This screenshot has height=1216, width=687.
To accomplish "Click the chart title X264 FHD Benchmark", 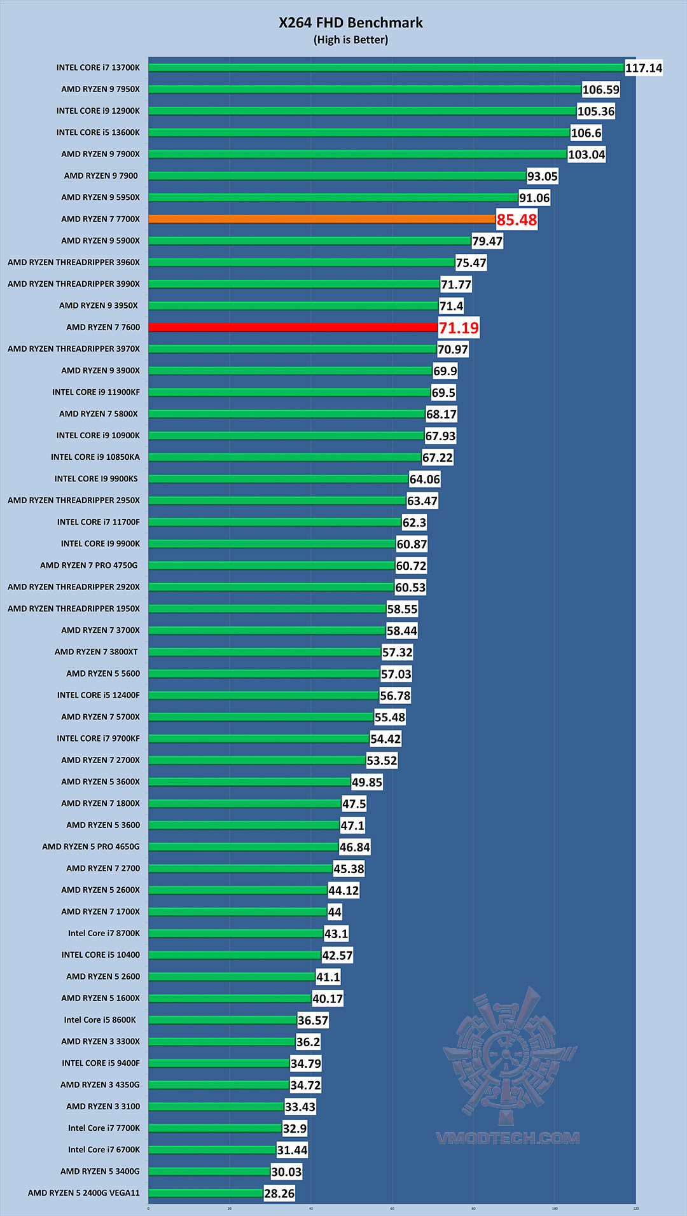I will coord(350,23).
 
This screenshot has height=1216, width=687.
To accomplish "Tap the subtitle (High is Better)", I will coord(350,40).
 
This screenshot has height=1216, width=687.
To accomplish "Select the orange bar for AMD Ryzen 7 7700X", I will coord(321,219).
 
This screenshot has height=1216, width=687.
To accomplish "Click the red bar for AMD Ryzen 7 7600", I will coord(293,327).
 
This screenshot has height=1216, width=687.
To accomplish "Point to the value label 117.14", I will coord(644,68).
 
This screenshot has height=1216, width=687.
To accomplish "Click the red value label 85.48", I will coord(517,220).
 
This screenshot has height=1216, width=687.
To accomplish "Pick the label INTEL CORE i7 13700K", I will coord(98,67).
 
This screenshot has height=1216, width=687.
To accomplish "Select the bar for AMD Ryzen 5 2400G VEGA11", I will coord(205,1193).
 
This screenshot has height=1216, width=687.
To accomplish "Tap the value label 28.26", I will coord(279,1194).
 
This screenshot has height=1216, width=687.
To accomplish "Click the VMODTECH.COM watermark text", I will coord(508,1138).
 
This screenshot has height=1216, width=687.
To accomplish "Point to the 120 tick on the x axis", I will coord(635,1208).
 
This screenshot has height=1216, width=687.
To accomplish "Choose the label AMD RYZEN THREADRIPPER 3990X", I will coord(74,284).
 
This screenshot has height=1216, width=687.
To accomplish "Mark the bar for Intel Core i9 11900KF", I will coord(289,392).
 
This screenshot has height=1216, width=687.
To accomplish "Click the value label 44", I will coord(335,912).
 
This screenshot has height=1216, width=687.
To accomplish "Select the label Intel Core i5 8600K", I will coord(100,1019).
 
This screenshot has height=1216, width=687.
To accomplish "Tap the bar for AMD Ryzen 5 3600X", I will coord(249,782).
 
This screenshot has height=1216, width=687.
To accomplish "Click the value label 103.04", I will coord(586,155).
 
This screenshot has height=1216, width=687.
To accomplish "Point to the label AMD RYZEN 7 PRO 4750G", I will coord(89,565).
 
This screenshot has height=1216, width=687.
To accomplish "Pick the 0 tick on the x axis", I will coord(148,1208).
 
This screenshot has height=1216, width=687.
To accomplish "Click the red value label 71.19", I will coord(459,328).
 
